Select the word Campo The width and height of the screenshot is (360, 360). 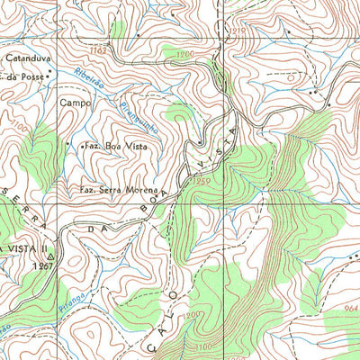pos(76,103)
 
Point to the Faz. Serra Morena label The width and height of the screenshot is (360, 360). pos(118,190)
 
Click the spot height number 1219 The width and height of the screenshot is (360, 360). pos(237,31)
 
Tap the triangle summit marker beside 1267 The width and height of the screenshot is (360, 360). pos(51,256)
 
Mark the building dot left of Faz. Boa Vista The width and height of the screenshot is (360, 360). pos(74,146)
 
